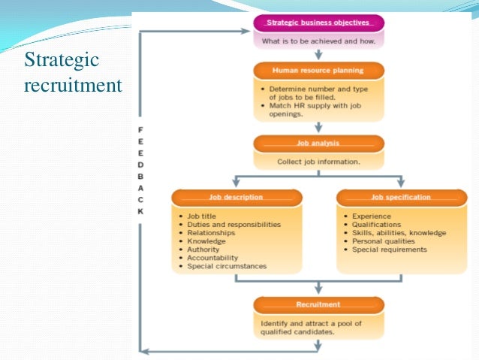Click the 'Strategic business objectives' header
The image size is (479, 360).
319,23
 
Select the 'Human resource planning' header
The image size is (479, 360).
319,71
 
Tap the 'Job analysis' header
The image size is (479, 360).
319,143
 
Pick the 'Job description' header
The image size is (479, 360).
236,197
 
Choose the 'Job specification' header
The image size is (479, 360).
400,197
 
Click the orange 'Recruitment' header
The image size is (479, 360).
319,304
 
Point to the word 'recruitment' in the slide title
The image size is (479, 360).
73,86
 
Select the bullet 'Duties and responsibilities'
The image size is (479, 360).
233,224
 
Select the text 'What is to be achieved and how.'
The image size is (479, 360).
319,40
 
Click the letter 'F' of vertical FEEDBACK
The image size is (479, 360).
140,129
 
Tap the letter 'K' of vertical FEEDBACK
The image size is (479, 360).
140,211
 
